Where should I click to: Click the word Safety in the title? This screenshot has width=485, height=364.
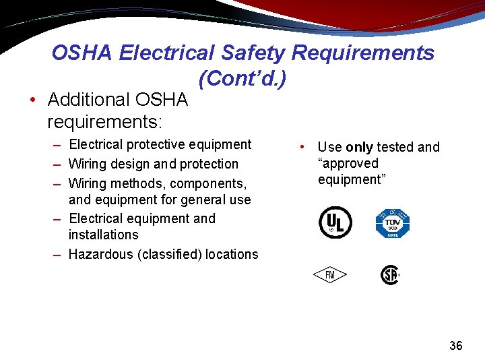click(250, 53)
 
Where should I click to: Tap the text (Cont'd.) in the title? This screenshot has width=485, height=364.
click(243, 79)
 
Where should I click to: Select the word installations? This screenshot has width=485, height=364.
click(103, 235)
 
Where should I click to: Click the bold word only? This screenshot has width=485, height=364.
click(359, 147)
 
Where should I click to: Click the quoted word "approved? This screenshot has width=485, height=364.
click(348, 163)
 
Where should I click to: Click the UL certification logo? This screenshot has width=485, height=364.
click(335, 223)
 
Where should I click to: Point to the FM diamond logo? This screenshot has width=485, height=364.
click(329, 275)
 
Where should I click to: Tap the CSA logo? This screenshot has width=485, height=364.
click(390, 275)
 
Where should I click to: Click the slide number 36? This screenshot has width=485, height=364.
click(455, 346)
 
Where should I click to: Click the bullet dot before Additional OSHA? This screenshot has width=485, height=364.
click(33, 100)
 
